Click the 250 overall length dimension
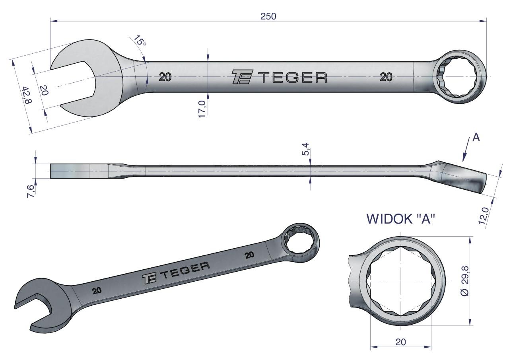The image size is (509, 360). click(268, 16)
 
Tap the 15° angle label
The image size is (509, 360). click(140, 41)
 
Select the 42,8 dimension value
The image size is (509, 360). click(27, 95)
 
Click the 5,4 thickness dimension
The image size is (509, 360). click(306, 149)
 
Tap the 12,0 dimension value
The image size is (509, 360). click(483, 216)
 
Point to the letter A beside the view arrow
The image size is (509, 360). click(476, 138)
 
